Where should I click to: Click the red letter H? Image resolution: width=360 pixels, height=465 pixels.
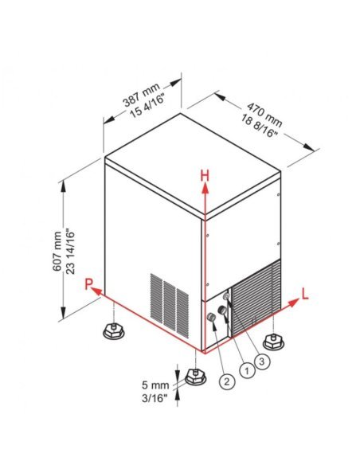click(x=205, y=174)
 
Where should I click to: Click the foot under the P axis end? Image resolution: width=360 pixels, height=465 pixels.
click(x=112, y=329)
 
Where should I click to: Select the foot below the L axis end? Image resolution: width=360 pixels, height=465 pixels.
click(x=274, y=341)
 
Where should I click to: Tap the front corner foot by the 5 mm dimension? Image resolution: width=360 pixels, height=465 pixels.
click(x=192, y=374)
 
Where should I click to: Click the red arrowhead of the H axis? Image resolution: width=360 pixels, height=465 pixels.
click(x=205, y=186)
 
